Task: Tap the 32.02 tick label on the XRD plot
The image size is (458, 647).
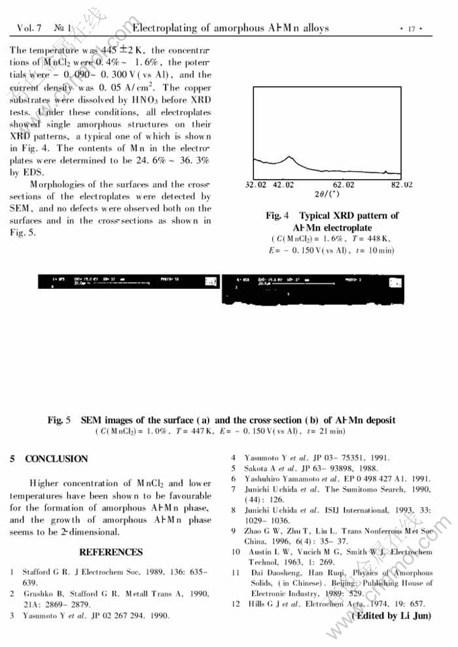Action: coord(256,184)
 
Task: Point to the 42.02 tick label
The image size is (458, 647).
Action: coord(284,184)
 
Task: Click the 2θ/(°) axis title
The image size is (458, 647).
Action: coord(328,194)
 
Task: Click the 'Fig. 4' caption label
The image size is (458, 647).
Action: coord(277,215)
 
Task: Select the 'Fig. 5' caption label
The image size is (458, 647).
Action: coord(59,420)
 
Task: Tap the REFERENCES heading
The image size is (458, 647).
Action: coord(111,552)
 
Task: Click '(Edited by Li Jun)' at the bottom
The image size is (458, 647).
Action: coord(391,615)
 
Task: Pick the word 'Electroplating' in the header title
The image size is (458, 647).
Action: coord(166,28)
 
